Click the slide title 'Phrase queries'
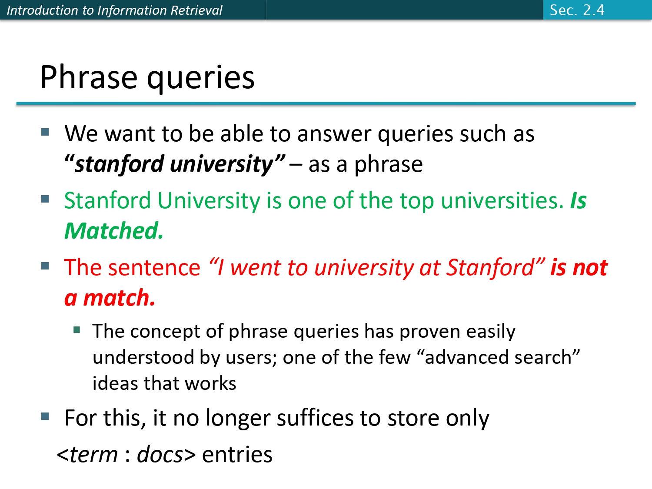[147, 77]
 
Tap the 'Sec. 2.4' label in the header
[577, 10]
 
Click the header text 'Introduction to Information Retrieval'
[114, 10]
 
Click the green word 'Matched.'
[114, 231]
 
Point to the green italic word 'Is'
[578, 201]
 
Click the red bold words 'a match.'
[110, 298]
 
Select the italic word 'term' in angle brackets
[93, 455]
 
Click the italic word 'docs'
[160, 455]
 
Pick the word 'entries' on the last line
[237, 455]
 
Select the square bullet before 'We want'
[45, 132]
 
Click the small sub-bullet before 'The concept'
[77, 330]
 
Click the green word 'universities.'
[502, 201]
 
